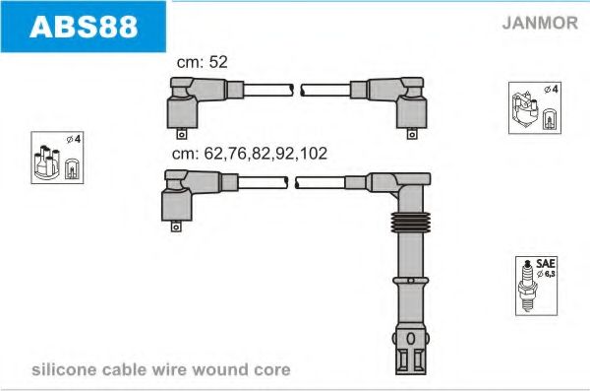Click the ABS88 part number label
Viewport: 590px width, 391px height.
click(84, 27)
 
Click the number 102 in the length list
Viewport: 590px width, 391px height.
click(315, 154)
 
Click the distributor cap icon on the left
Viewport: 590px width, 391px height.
click(47, 159)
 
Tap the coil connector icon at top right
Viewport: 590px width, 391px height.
click(534, 107)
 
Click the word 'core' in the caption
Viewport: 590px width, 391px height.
click(273, 370)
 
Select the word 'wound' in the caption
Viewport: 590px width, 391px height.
click(227, 370)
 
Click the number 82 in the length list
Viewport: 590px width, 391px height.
click(262, 154)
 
